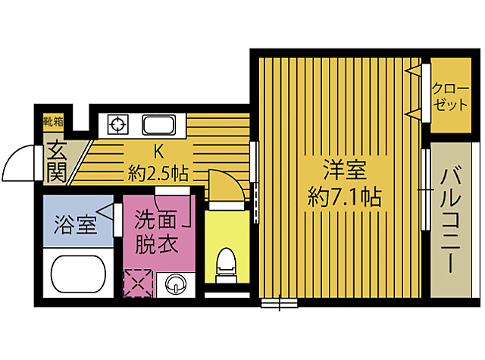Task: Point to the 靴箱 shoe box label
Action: click(53, 121)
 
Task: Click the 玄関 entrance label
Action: click(55, 161)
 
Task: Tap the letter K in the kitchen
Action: click(159, 149)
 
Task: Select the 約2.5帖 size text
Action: click(158, 173)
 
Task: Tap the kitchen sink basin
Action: click(160, 124)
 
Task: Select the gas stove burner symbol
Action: click(119, 124)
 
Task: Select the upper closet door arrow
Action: click(413, 73)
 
